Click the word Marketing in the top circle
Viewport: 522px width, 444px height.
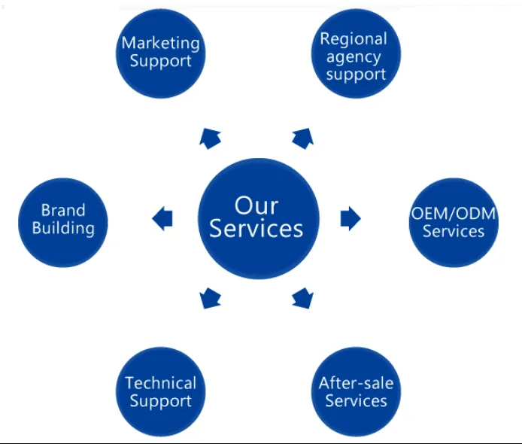(160, 43)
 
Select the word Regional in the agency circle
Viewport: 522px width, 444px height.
(354, 39)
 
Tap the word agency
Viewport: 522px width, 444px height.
(354, 56)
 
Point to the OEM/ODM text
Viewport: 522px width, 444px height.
(454, 213)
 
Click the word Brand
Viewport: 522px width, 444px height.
(63, 210)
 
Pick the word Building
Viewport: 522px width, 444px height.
(63, 227)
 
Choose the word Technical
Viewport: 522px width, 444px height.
(160, 383)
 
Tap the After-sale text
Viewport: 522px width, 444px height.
(356, 382)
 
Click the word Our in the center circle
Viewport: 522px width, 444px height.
(256, 204)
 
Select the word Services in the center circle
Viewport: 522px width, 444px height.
(256, 228)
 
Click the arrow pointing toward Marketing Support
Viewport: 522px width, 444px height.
(210, 136)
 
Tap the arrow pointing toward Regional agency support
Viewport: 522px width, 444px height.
(303, 136)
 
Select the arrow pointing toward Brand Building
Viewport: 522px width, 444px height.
(162, 219)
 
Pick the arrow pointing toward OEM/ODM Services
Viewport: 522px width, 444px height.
(351, 218)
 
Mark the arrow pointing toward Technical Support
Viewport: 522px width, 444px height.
(210, 300)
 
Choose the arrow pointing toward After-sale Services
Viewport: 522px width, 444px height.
(303, 299)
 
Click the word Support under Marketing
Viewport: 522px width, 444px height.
(160, 61)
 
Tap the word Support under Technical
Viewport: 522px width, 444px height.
(160, 401)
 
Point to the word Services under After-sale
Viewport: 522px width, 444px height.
(356, 400)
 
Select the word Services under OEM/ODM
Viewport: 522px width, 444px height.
(454, 231)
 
